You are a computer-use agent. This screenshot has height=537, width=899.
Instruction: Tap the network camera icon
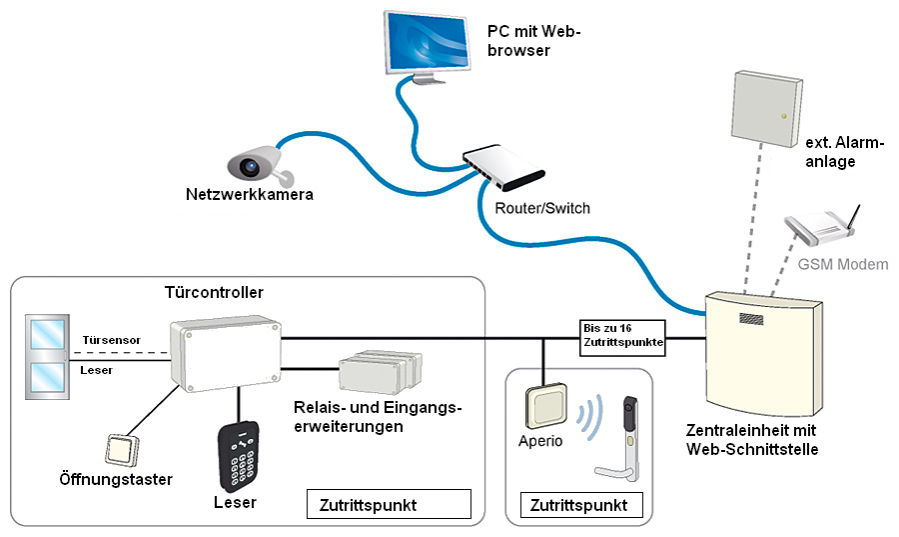point(254,163)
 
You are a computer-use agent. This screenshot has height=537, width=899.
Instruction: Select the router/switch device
point(510,167)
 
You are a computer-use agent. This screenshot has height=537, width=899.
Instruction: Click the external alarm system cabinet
point(766,106)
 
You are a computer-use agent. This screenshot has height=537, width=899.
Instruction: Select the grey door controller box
point(225,355)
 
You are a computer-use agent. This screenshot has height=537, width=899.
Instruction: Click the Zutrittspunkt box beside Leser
point(388,504)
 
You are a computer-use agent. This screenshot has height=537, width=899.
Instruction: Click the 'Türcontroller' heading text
point(214,293)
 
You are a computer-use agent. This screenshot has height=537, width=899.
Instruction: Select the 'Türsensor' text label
point(111,340)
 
